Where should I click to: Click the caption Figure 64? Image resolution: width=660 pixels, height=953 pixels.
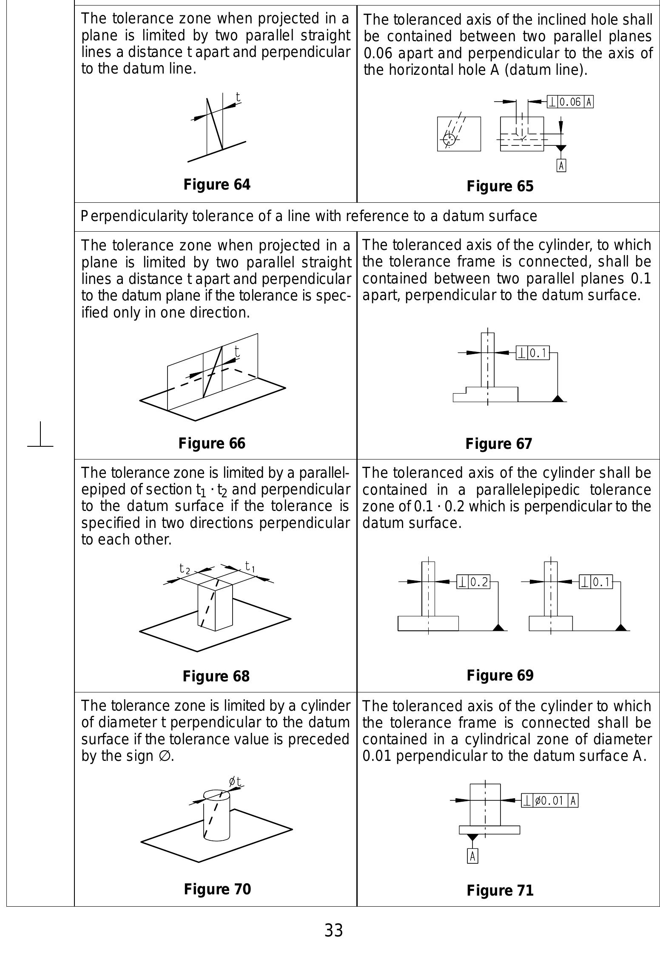pos(217,184)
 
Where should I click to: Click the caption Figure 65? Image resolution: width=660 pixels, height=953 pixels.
pos(500,186)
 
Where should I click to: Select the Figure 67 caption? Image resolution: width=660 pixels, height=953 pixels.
pos(498,444)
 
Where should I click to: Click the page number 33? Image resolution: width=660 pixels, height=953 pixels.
pos(333,930)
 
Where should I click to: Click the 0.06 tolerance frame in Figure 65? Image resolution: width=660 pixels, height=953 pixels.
pos(570,102)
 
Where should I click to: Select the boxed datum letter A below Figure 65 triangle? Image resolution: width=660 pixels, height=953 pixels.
pos(561,165)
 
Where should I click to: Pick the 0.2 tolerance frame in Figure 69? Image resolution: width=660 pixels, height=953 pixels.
pos(473,581)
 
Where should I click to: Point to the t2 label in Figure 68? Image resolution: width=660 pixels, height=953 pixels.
pos(184,568)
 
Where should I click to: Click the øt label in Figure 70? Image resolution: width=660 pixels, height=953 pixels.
pos(235,781)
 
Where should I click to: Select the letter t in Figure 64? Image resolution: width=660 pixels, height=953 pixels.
pos(238,96)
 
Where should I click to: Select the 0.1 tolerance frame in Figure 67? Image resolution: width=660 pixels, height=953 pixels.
pos(533,353)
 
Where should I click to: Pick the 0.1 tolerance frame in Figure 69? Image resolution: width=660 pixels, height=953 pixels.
pos(596,581)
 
